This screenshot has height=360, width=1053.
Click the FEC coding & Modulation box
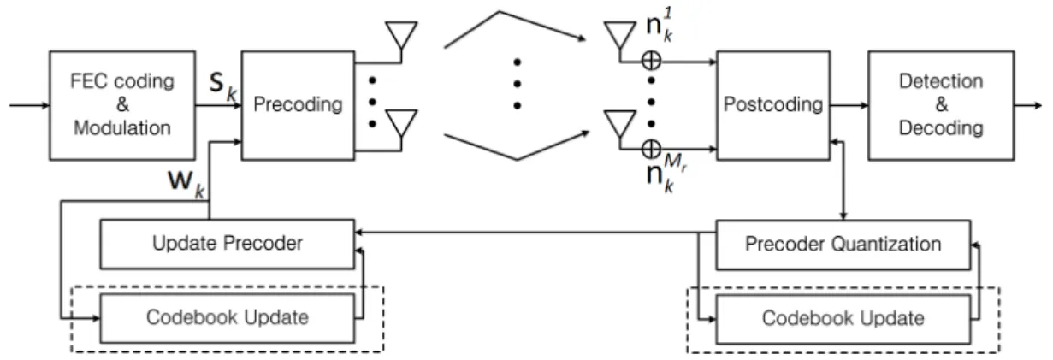coord(122,105)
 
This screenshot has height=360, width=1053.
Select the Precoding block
coord(298,105)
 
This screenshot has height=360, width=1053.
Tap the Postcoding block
coord(773,105)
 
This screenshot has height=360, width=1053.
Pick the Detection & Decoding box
coord(941,105)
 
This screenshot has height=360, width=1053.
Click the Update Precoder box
coord(227,244)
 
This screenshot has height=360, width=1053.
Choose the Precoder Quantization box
coord(843,245)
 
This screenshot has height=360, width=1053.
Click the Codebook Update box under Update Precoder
coord(227,318)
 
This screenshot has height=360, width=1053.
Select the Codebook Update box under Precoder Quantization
coord(843,319)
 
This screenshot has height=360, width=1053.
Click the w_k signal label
coord(186,183)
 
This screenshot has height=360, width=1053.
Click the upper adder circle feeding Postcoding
coord(651,61)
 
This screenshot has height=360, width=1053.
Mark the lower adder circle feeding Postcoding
coord(651,149)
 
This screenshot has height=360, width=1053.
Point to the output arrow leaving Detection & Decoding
coord(1028,105)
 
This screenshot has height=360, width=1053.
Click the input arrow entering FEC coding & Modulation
coord(29,105)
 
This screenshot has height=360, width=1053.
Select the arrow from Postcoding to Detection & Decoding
coord(849,105)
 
